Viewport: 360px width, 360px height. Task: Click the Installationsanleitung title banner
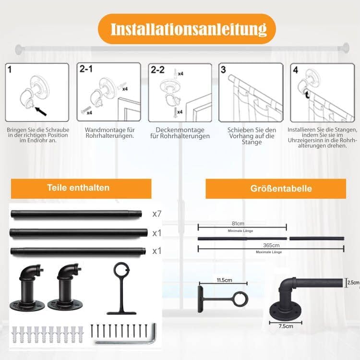[187, 29]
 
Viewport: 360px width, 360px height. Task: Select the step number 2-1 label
[86, 70]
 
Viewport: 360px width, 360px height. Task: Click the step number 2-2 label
[157, 70]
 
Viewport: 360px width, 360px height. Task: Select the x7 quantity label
[157, 214]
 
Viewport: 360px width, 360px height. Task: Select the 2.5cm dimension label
[353, 283]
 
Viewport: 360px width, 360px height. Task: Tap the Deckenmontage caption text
[173, 130]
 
